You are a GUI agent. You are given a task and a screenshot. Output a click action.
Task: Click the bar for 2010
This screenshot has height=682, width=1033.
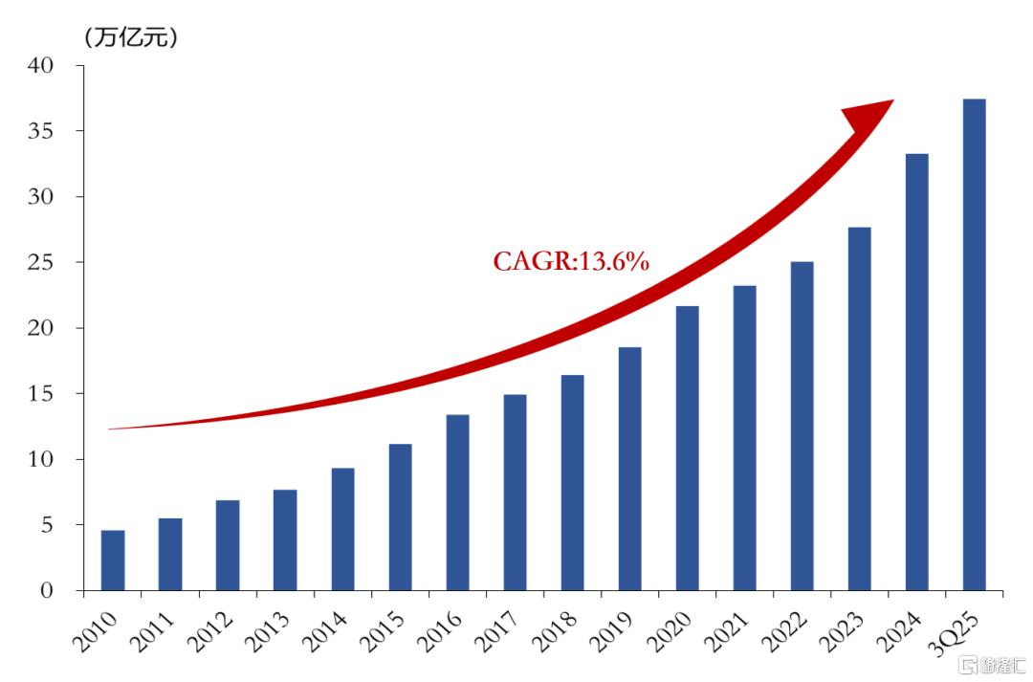113,561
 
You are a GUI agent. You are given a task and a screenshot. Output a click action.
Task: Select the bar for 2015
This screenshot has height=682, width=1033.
400,517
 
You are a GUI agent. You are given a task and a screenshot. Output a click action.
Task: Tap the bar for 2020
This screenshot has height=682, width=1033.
687,448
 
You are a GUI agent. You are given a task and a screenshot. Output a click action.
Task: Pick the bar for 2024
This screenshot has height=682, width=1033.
917,372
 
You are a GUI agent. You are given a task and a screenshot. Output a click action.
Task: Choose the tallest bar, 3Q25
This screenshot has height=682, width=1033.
975,344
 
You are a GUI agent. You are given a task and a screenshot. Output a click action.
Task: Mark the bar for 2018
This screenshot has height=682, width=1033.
573,483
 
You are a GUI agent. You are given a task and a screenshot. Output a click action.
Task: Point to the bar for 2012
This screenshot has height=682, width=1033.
228,545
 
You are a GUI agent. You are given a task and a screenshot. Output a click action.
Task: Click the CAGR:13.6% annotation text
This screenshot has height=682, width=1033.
571,261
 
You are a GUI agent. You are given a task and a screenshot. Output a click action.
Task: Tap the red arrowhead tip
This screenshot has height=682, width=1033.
893,100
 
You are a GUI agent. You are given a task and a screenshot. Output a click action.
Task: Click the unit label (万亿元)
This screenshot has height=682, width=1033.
131,37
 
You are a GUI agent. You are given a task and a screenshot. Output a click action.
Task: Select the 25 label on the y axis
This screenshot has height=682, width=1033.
40,262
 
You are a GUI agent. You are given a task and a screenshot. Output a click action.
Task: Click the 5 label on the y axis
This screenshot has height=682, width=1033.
46,525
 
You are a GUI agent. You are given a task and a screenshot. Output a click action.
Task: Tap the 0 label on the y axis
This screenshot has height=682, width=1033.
46,590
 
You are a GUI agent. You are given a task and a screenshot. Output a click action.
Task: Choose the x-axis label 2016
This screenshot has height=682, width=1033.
439,631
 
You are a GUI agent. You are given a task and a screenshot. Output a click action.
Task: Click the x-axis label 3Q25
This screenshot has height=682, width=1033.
956,632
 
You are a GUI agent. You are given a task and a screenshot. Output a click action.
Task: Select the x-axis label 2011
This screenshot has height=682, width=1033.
151,631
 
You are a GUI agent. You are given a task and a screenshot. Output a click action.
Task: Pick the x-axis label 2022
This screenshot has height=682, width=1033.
784,631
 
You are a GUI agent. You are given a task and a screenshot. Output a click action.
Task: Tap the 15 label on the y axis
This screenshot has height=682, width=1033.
40,393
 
